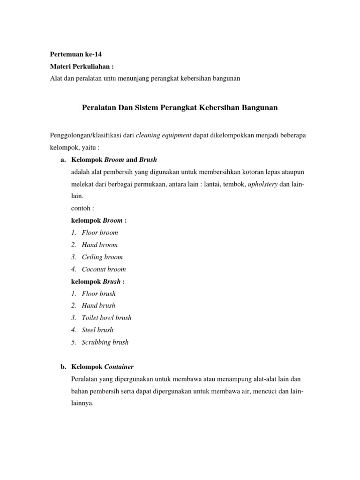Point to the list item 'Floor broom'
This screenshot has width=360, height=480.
pos(100,232)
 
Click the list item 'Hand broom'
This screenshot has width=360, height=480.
pos(100,245)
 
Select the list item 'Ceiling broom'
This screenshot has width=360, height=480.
pos(102,257)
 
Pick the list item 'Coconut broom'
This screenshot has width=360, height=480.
pos(104,269)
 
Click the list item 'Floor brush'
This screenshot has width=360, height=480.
pos(98,293)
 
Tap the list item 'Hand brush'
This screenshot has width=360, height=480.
pos(98,306)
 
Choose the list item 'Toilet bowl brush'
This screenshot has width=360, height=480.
pos(106,318)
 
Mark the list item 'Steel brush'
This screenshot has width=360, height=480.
pos(97,330)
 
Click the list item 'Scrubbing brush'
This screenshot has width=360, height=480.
pos(105,342)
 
